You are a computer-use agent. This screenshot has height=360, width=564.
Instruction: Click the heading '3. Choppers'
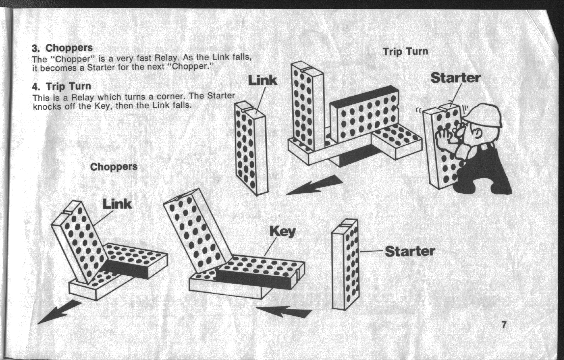[62, 48]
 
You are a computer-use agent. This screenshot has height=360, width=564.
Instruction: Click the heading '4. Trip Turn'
[62, 86]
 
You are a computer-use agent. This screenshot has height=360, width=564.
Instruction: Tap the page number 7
[503, 325]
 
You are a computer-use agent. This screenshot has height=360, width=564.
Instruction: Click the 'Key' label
[282, 232]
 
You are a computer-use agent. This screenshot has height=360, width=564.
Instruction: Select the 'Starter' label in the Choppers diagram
[410, 251]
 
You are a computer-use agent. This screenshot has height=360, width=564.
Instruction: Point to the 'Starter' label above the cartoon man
[455, 78]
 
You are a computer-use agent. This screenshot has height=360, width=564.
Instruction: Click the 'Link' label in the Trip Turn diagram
[263, 81]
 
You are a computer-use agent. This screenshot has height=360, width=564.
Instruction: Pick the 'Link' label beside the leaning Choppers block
[117, 204]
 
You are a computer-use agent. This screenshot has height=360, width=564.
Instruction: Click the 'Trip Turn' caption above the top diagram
[405, 52]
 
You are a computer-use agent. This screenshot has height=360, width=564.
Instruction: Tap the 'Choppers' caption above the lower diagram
[114, 167]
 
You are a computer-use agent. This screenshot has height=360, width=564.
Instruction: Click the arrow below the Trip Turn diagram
[315, 185]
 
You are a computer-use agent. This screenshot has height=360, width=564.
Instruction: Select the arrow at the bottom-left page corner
[59, 311]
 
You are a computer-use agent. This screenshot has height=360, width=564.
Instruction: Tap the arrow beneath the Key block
[284, 312]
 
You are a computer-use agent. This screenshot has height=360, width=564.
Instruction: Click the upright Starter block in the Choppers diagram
[345, 264]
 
